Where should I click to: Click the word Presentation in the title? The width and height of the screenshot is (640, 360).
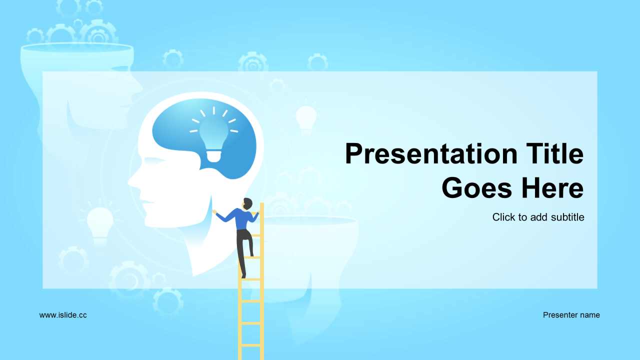[431, 154]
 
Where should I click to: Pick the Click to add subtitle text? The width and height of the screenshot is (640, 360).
[538, 217]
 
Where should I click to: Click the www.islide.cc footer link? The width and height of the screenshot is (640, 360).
[63, 315]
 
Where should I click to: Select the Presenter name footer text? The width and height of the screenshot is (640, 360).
[571, 315]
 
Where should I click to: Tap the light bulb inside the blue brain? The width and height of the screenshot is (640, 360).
[213, 140]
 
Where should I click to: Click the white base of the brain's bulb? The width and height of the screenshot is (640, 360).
[214, 156]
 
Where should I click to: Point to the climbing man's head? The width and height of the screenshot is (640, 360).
[247, 203]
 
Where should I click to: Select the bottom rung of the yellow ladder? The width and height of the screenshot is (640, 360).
[251, 345]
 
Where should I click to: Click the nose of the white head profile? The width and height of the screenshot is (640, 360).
[131, 181]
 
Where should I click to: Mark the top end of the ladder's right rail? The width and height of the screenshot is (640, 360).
[261, 203]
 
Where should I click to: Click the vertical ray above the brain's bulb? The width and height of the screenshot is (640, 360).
[213, 110]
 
